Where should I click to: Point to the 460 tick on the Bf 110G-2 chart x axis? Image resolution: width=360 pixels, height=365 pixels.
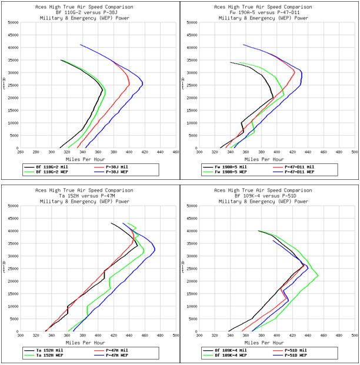175,152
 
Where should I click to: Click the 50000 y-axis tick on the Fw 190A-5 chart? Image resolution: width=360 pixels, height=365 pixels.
190,23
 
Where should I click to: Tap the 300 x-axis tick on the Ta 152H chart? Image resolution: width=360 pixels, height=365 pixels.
20,335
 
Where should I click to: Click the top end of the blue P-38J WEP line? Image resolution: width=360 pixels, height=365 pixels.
81,45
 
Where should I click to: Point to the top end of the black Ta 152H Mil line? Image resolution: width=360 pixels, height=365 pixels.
111,223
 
